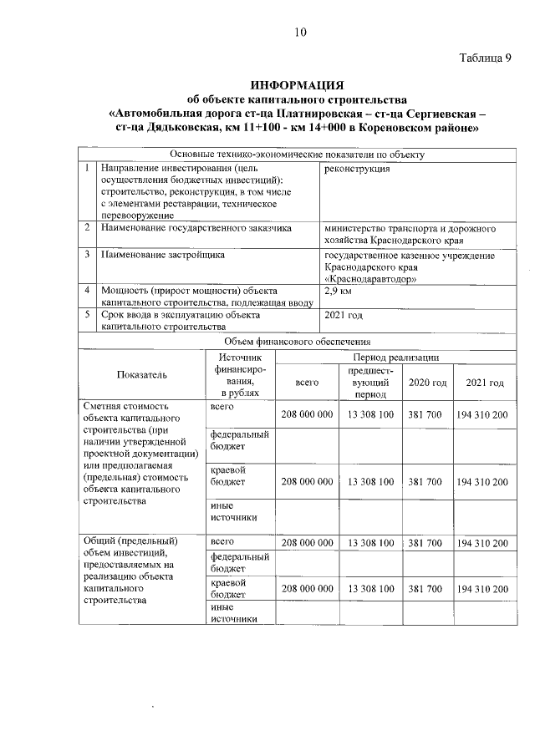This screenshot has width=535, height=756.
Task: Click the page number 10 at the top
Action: pyautogui.click(x=301, y=33)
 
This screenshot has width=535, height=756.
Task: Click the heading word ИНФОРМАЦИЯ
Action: pyautogui.click(x=298, y=85)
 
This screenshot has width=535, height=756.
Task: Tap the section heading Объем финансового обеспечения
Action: pyautogui.click(x=298, y=341)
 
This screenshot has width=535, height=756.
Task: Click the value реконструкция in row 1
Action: pyautogui.click(x=355, y=168)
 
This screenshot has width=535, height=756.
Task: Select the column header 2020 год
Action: pyautogui.click(x=426, y=382)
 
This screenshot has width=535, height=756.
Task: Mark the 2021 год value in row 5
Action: pyautogui.click(x=343, y=315)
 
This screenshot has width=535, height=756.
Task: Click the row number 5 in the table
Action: pyautogui.click(x=87, y=315)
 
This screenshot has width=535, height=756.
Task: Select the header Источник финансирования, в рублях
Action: pyautogui.click(x=240, y=374)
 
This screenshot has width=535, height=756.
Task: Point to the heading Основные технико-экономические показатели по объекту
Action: pyautogui.click(x=298, y=154)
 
